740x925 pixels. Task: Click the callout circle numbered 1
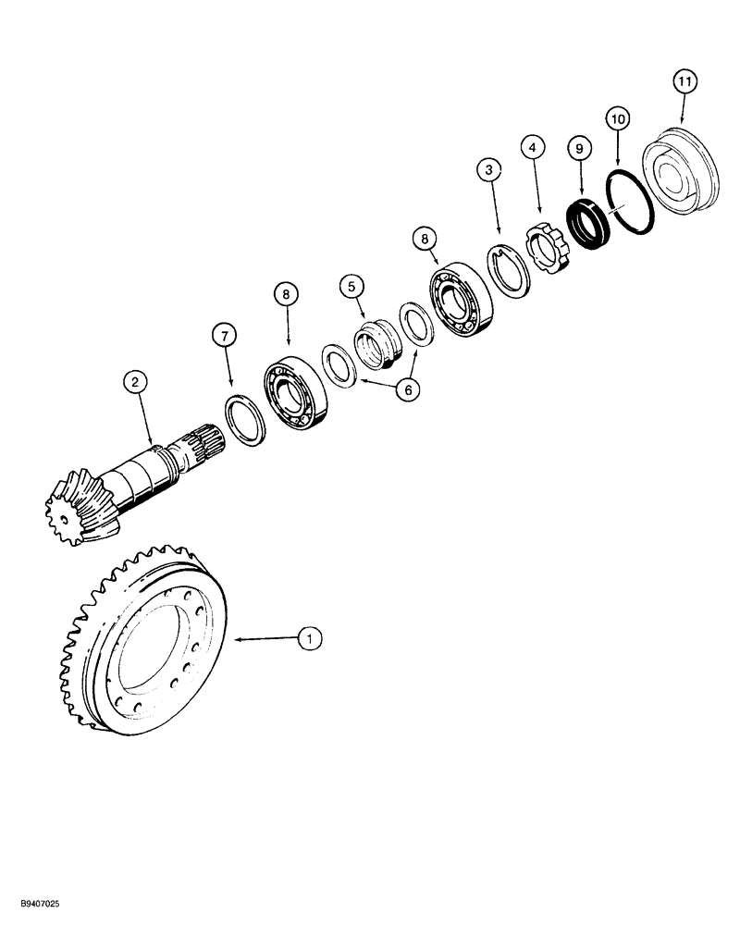(311, 636)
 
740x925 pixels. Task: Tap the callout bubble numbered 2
(135, 381)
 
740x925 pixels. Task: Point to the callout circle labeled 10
(617, 117)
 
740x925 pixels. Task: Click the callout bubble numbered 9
(578, 146)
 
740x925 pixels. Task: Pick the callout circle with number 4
(530, 145)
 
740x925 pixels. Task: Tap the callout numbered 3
(488, 170)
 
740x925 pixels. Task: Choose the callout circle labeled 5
(351, 288)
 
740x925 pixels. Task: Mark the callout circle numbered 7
(222, 335)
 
